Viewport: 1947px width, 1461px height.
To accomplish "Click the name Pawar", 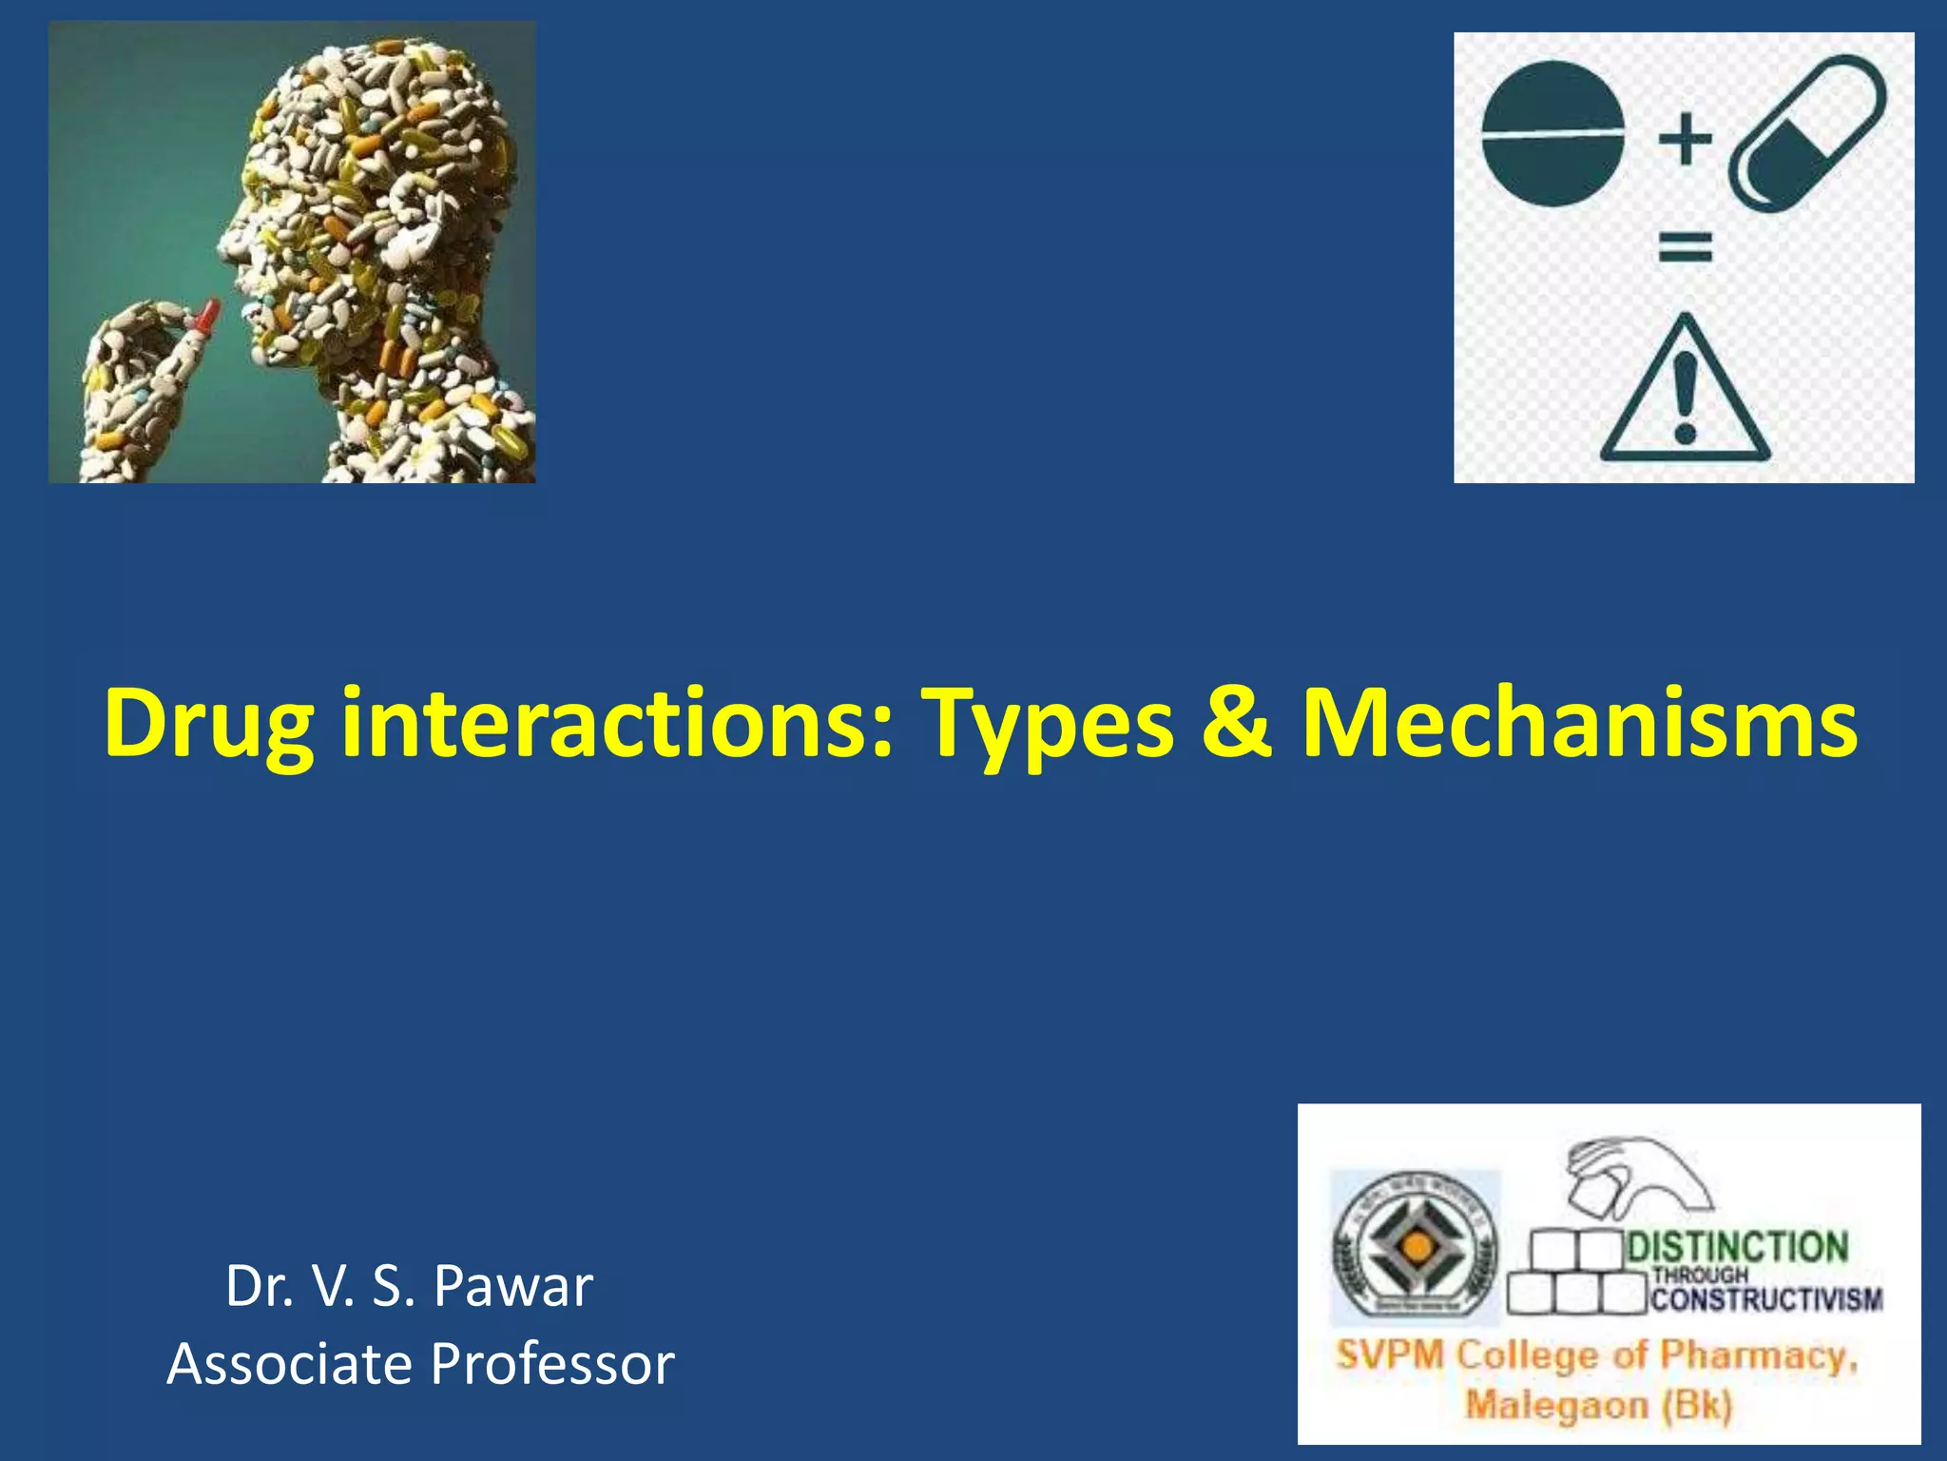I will (513, 1286).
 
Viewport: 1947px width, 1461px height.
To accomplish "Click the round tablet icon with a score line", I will (1552, 134).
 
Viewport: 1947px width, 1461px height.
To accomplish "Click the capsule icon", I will (1806, 133).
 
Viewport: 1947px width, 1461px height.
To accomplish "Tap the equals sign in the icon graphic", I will (1685, 248).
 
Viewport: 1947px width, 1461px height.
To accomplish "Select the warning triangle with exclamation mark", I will (1685, 392).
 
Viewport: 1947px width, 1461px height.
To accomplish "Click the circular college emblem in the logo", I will (1416, 1246).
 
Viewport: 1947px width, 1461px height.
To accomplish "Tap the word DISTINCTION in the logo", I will (1738, 1247).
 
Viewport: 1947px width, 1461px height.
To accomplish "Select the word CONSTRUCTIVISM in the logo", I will (1766, 1298).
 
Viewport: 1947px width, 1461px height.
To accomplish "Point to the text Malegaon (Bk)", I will (1598, 1404).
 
